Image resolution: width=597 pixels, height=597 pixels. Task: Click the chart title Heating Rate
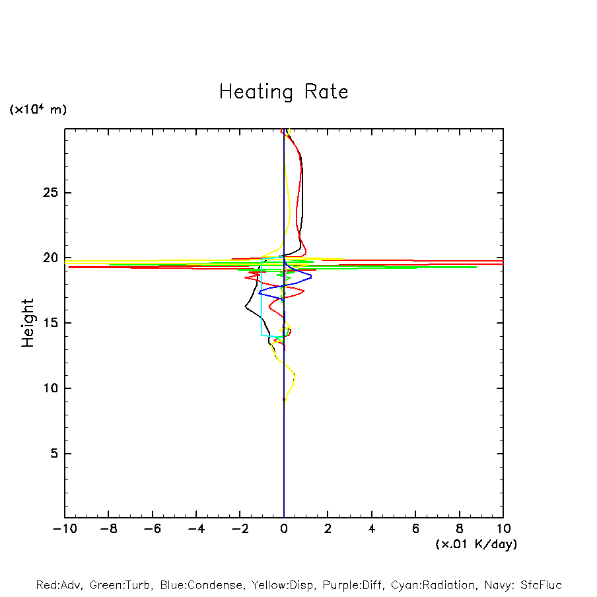tap(283, 92)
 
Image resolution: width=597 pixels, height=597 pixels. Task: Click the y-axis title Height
tap(28, 323)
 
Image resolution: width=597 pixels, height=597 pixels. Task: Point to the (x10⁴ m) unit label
tap(38, 110)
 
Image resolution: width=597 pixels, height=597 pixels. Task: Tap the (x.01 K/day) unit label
tap(476, 544)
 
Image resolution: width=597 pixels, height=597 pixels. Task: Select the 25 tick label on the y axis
tap(51, 193)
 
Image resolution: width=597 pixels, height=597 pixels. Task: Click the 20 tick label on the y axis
tap(51, 258)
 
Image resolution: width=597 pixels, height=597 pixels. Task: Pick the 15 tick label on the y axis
tap(51, 323)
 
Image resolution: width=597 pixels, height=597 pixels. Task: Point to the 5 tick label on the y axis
tap(55, 454)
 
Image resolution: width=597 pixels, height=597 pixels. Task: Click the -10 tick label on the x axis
tap(64, 529)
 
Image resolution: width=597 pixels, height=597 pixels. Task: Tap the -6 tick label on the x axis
tap(152, 529)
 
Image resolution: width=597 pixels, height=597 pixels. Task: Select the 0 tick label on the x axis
tap(284, 529)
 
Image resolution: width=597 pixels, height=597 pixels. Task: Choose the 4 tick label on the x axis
tap(372, 529)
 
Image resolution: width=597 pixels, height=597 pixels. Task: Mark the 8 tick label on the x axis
tap(460, 529)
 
